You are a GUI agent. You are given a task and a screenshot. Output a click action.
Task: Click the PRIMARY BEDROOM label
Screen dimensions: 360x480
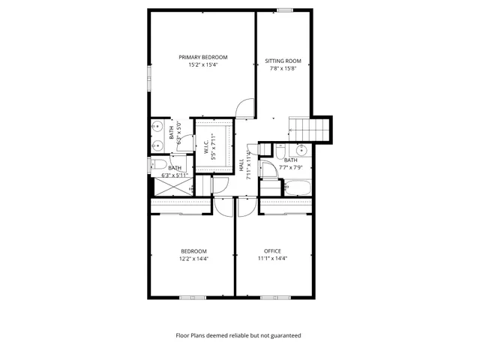coord(202,57)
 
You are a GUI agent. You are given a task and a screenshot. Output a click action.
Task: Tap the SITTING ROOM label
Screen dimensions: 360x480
coord(283,61)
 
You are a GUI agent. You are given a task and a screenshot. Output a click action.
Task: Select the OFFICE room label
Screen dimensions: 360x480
coord(272,250)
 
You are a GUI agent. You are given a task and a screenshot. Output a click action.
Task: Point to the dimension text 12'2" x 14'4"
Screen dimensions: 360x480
coord(193,259)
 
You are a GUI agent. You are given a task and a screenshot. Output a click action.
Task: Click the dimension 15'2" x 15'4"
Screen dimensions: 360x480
coord(202,65)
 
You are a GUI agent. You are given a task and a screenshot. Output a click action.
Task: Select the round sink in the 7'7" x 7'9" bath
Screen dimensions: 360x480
coord(298,148)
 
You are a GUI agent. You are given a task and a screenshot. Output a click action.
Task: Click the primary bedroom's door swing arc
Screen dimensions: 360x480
coord(244,109)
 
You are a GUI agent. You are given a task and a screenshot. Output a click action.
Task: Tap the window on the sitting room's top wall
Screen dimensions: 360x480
coord(284,10)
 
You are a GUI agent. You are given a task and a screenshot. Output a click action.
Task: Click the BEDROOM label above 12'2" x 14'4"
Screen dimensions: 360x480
coord(193,250)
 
